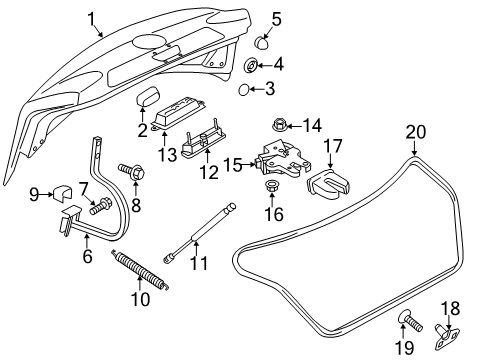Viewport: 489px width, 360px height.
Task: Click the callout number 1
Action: pyautogui.click(x=92, y=19)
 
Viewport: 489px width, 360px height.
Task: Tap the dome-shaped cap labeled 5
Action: pyautogui.click(x=260, y=43)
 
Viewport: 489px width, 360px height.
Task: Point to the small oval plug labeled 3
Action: pyautogui.click(x=244, y=89)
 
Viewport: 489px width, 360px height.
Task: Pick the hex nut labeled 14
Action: pyautogui.click(x=279, y=126)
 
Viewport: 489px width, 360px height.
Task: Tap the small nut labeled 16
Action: pyautogui.click(x=271, y=185)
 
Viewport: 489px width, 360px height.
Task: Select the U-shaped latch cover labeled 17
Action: pyautogui.click(x=328, y=186)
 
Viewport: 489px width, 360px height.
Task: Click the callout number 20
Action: pyautogui.click(x=416, y=132)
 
